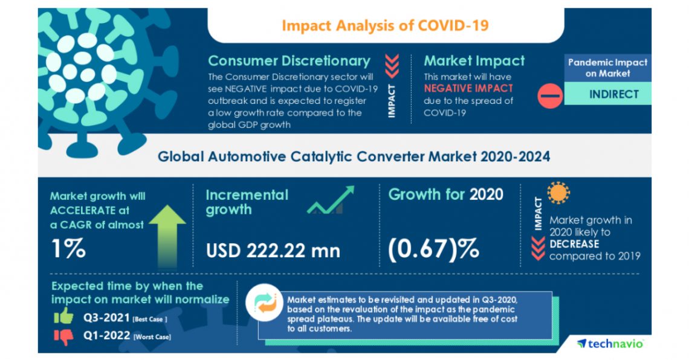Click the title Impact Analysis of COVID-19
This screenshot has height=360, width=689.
pyautogui.click(x=385, y=25)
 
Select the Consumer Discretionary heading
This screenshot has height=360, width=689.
pyautogui.click(x=289, y=61)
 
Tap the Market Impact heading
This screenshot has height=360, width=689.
pyautogui.click(x=474, y=61)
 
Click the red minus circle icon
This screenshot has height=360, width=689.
pyautogui.click(x=549, y=95)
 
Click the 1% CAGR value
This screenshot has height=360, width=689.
pyautogui.click(x=68, y=248)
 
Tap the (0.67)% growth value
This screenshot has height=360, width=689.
pyautogui.click(x=435, y=248)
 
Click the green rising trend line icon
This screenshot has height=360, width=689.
pyautogui.click(x=330, y=201)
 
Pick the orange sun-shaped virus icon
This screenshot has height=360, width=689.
pyautogui.click(x=558, y=193)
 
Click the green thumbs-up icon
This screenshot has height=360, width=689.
pyautogui.click(x=63, y=317)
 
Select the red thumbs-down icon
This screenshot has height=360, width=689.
pyautogui.click(x=63, y=336)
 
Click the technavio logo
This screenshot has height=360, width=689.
pyautogui.click(x=610, y=343)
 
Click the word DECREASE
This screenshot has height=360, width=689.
pyautogui.click(x=574, y=244)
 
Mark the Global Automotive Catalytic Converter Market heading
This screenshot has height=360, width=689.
pyautogui.click(x=354, y=157)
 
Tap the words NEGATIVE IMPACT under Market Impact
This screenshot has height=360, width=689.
pyautogui.click(x=459, y=89)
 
